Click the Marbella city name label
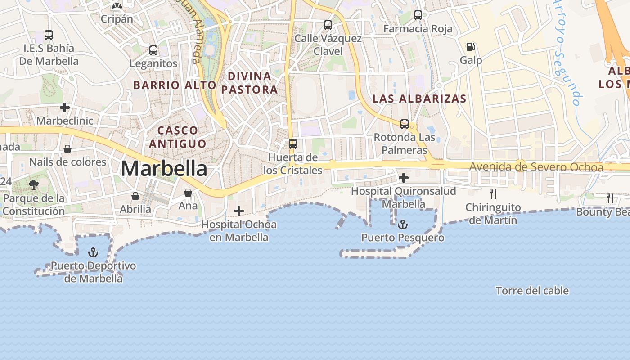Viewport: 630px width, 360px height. (164, 169)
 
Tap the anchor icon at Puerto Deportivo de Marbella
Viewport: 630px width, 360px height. (93, 252)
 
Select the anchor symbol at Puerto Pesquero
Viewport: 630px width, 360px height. (403, 224)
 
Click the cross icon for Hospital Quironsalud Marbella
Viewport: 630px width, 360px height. (404, 178)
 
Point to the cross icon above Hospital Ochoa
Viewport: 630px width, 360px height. (239, 211)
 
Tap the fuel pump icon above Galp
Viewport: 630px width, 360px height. (471, 47)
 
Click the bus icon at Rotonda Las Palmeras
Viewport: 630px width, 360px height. (405, 124)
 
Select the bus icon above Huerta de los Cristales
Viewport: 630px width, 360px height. (293, 144)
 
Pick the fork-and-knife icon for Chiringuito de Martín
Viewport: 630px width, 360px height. (493, 194)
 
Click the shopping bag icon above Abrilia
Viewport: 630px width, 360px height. (135, 196)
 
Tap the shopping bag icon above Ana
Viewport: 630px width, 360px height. (188, 193)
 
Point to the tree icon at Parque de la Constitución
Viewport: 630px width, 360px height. (34, 184)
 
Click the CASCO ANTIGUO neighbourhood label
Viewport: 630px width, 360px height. (178, 137)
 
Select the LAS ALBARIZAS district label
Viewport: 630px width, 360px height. (419, 99)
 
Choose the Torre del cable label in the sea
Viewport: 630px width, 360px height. (532, 291)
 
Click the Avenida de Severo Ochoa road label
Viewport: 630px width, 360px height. (536, 167)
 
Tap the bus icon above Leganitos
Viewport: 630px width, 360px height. (153, 50)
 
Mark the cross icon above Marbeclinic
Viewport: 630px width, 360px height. (65, 108)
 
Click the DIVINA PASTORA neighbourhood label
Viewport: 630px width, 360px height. (249, 83)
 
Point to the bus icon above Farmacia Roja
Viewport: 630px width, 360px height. (418, 15)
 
